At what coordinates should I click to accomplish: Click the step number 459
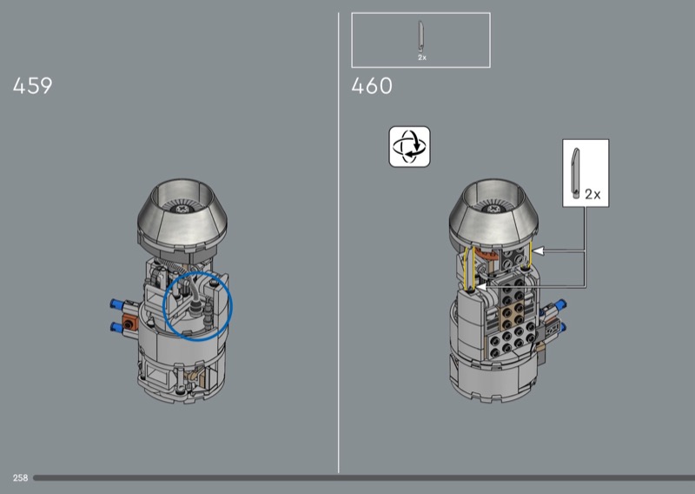coord(32,85)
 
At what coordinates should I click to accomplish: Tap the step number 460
coord(372,85)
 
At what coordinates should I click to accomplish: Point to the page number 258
coord(20,477)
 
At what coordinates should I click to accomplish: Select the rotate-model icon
coord(409,147)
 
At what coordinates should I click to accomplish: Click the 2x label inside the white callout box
coord(592,195)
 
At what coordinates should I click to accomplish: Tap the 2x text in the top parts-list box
coord(422,57)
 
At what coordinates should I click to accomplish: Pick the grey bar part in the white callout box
coord(575,173)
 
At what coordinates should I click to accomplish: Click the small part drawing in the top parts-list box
coord(421,37)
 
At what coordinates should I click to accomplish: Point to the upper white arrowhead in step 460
coord(537,251)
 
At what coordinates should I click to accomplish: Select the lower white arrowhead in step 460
coord(481,288)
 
